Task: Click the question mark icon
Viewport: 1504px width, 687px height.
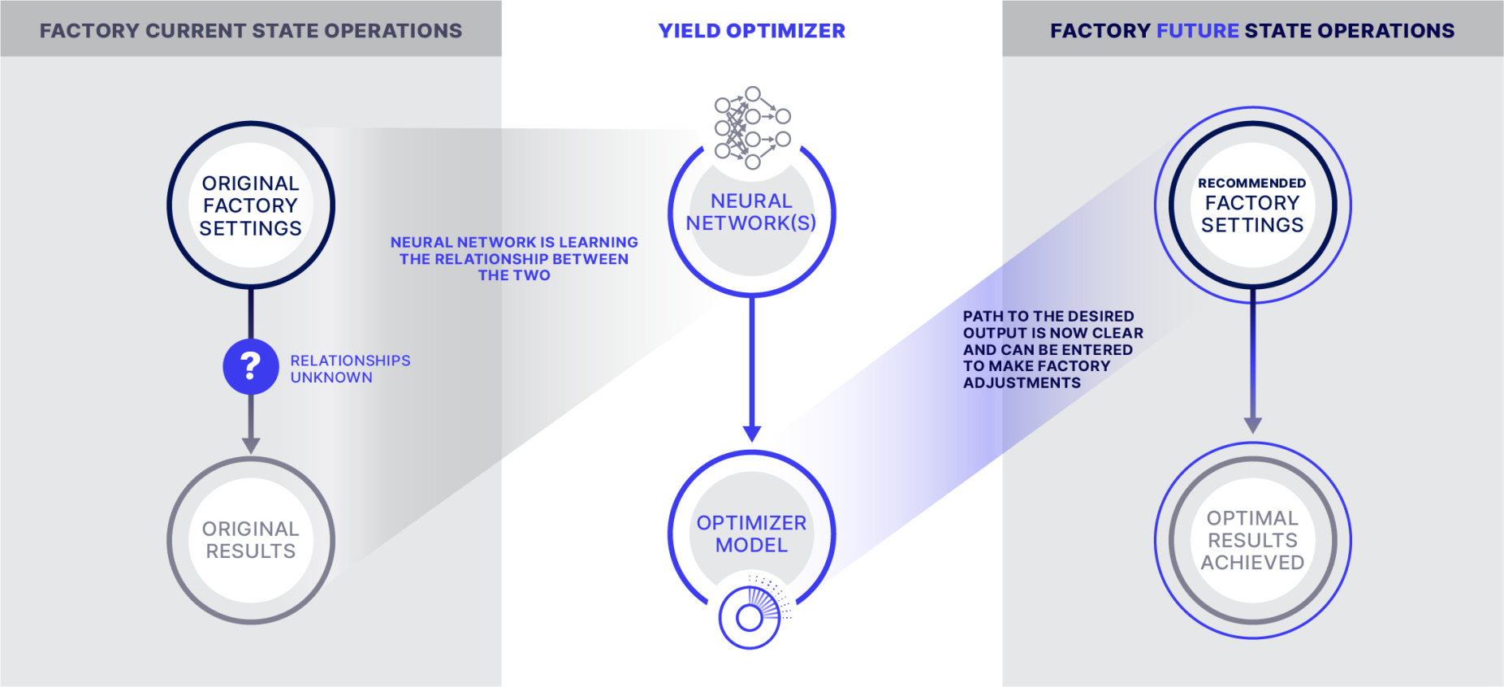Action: (251, 366)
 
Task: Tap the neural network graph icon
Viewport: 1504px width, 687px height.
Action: (752, 127)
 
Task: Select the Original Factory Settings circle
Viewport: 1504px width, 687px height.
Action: (251, 205)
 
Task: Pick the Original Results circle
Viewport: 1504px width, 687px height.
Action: (251, 540)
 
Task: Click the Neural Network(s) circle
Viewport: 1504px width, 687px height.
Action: (751, 213)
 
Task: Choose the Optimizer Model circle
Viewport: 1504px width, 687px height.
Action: (751, 534)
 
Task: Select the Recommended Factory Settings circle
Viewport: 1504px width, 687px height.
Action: (1252, 205)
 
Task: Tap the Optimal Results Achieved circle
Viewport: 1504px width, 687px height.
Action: (1252, 540)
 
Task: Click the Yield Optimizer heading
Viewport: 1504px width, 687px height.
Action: (751, 31)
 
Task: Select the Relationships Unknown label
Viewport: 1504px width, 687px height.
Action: (350, 369)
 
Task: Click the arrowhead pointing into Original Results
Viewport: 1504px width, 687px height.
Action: (251, 445)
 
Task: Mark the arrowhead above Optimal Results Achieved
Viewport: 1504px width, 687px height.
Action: (1253, 425)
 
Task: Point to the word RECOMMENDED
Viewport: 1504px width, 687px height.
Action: (1252, 184)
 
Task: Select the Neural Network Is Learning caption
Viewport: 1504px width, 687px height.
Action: (514, 258)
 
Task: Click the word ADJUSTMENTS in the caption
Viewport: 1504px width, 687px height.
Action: (1022, 383)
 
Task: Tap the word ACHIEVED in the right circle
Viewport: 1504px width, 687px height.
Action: (1252, 563)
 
